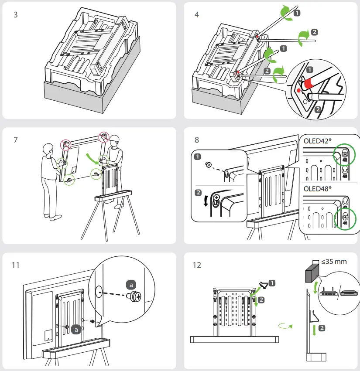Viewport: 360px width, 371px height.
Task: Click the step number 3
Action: [16, 14]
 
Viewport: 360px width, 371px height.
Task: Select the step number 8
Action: [197, 140]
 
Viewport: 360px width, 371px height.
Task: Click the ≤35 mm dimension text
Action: [334, 262]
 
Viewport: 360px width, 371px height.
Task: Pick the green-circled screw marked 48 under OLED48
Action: [345, 217]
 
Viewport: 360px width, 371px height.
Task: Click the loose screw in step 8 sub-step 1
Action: [209, 165]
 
